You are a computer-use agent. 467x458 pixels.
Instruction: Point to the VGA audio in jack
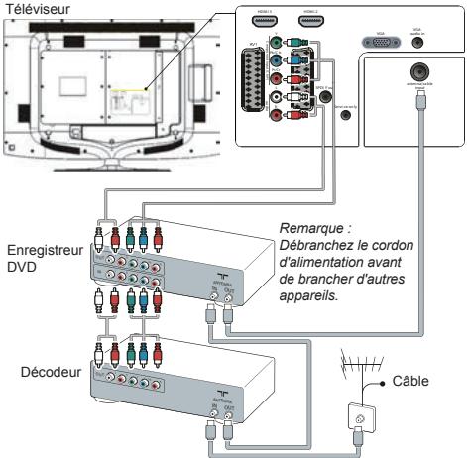(418, 42)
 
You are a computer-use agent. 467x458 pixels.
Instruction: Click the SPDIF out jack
(346, 113)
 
